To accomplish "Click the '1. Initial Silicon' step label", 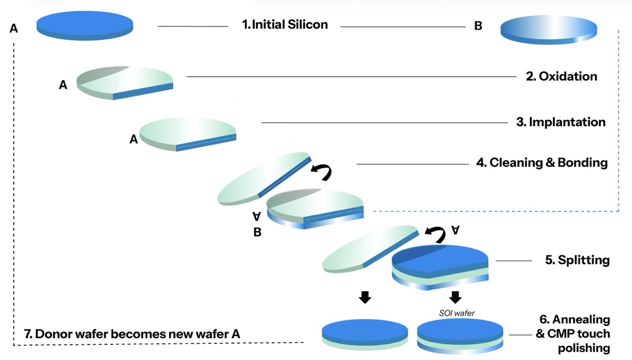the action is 285,25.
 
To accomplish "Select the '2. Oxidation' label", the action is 561,77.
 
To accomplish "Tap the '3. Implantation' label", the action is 561,122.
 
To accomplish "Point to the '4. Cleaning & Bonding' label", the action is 542,163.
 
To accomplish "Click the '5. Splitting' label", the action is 577,260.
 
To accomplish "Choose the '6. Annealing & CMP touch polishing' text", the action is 573,334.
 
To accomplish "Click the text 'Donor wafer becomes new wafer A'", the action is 138,334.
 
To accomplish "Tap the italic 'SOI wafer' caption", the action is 457,313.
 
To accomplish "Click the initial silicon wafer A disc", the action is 85,26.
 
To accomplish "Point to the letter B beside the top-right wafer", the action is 478,26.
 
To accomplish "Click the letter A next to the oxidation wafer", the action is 63,84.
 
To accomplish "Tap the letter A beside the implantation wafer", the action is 134,139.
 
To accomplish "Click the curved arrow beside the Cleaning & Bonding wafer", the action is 322,171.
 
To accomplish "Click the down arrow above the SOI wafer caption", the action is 455,297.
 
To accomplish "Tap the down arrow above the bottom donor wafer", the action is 365,297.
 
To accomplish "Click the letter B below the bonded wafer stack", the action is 257,232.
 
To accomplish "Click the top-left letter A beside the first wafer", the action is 14,29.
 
